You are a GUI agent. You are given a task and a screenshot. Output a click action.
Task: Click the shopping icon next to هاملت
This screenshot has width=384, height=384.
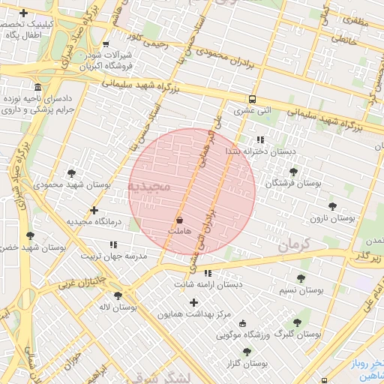[179, 220]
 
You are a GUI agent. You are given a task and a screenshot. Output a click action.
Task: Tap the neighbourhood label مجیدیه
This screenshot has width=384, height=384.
[149, 185]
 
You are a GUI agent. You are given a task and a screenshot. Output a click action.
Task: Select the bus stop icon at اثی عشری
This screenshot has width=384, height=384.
[252, 99]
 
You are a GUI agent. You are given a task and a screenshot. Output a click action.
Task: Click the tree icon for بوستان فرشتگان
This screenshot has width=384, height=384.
[293, 172]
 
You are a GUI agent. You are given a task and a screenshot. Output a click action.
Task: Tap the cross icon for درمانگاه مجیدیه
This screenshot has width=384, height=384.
[94, 211]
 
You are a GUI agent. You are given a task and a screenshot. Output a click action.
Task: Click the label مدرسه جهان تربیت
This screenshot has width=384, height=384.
[120, 256]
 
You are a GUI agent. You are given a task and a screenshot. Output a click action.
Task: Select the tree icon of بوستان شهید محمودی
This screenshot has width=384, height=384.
[71, 173]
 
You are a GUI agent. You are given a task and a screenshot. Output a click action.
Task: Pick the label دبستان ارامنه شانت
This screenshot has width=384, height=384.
[208, 285]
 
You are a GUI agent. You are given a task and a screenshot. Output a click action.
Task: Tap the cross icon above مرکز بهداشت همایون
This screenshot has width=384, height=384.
[194, 302]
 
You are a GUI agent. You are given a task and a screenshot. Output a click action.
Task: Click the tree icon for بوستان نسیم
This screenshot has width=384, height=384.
[301, 278]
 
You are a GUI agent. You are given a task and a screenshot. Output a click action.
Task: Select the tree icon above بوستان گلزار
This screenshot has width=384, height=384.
[247, 351]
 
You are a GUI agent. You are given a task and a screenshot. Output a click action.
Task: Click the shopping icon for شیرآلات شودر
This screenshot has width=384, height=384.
[105, 44]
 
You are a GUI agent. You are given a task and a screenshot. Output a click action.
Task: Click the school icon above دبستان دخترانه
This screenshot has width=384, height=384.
[260, 139]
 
